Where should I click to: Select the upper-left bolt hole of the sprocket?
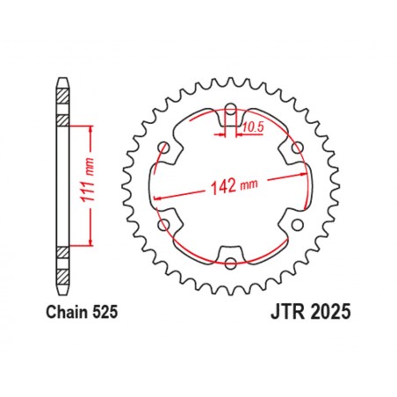click(x=164, y=148)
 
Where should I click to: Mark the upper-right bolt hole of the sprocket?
click(x=296, y=148)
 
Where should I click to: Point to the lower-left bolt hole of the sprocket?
click(x=164, y=224)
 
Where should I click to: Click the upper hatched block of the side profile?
click(x=62, y=119)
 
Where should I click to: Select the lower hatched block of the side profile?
click(x=62, y=253)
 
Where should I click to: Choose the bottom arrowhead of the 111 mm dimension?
click(x=90, y=242)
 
